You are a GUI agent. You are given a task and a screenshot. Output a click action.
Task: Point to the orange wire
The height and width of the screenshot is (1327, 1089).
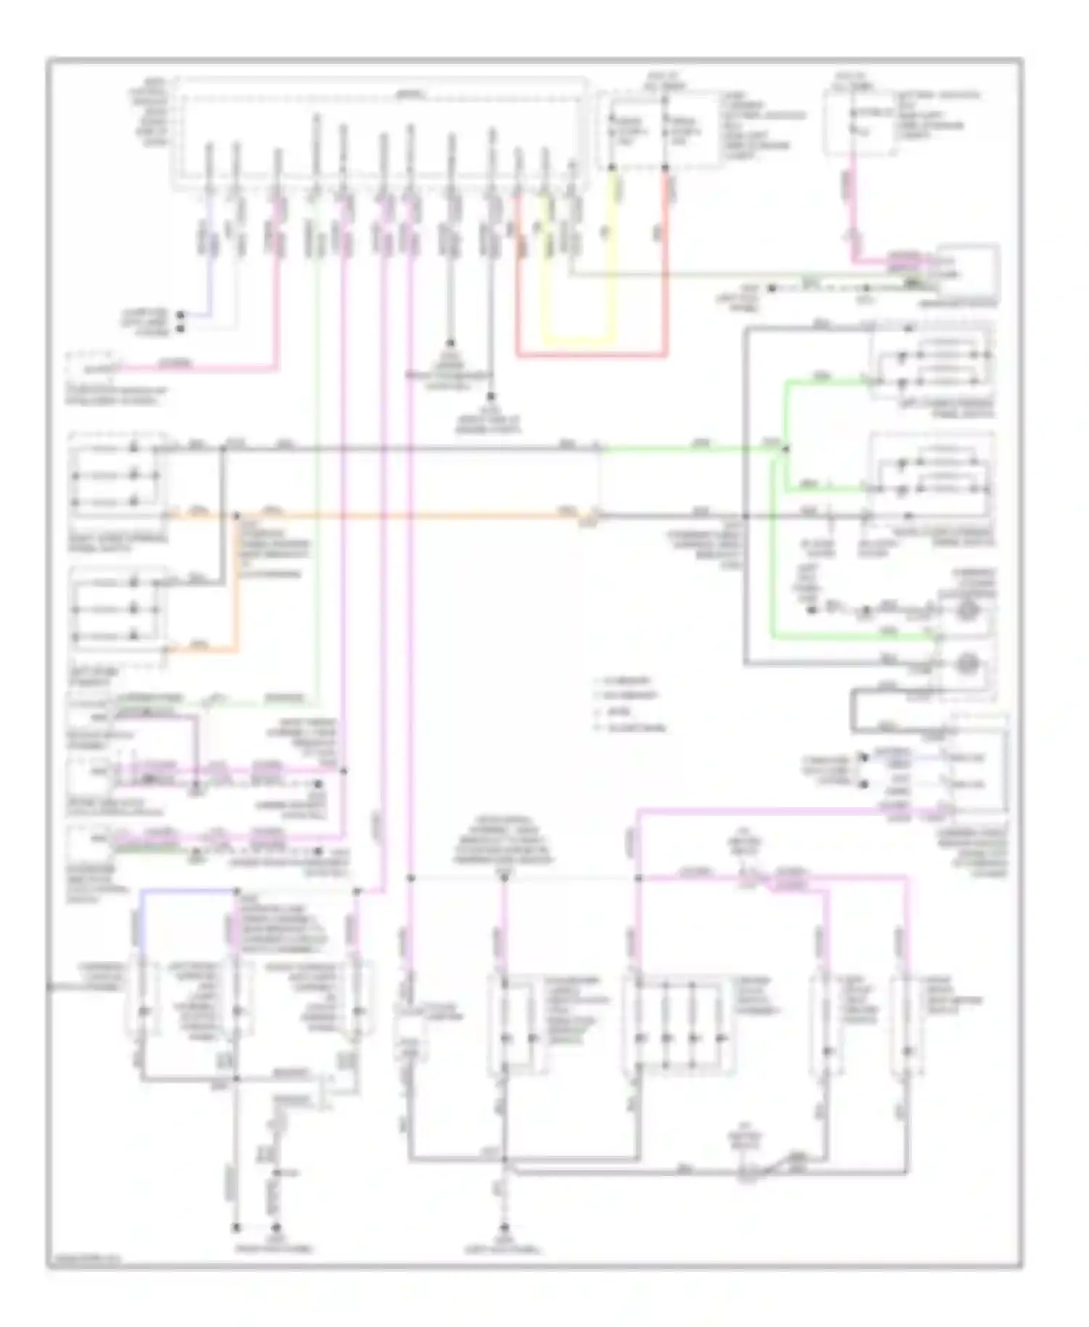407,516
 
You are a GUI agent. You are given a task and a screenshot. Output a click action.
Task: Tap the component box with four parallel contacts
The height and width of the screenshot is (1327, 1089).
679,1024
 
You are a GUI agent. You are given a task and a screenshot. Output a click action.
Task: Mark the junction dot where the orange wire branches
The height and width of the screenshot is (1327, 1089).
236,516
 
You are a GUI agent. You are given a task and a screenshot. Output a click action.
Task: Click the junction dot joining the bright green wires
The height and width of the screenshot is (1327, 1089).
786,450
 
